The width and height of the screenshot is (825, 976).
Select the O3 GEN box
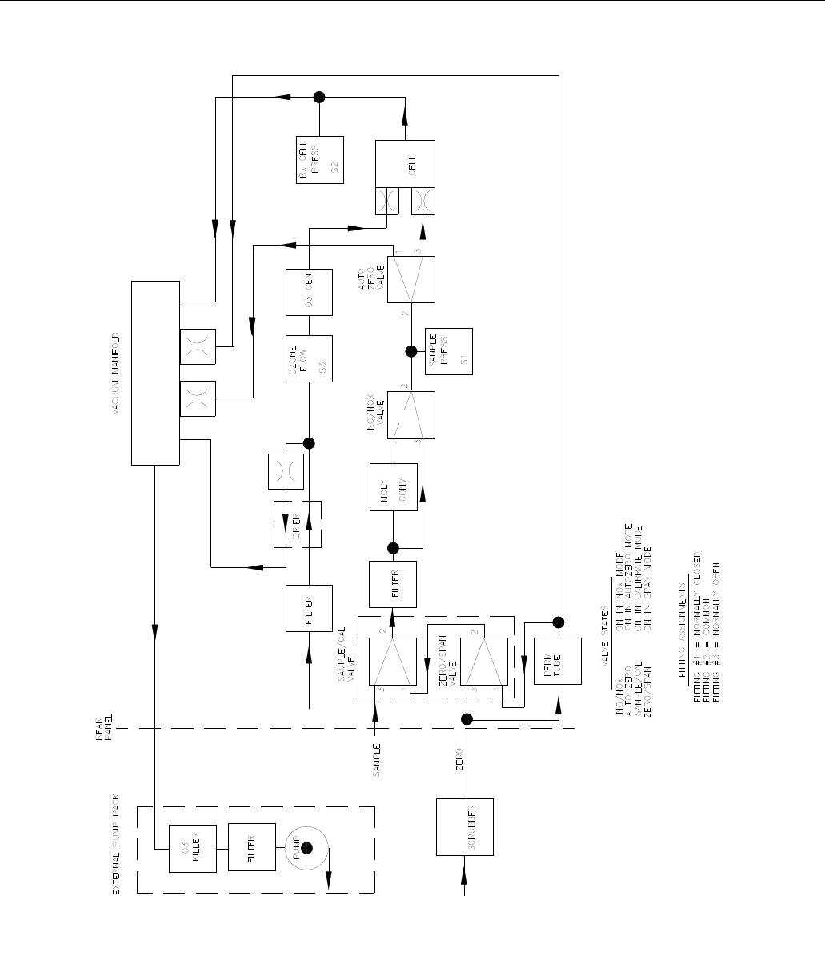[309, 291]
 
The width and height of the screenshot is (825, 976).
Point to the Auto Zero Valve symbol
[411, 280]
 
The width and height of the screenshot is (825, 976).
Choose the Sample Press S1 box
[449, 352]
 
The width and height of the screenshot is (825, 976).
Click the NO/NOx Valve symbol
[411, 414]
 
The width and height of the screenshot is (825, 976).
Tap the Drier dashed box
[298, 524]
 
